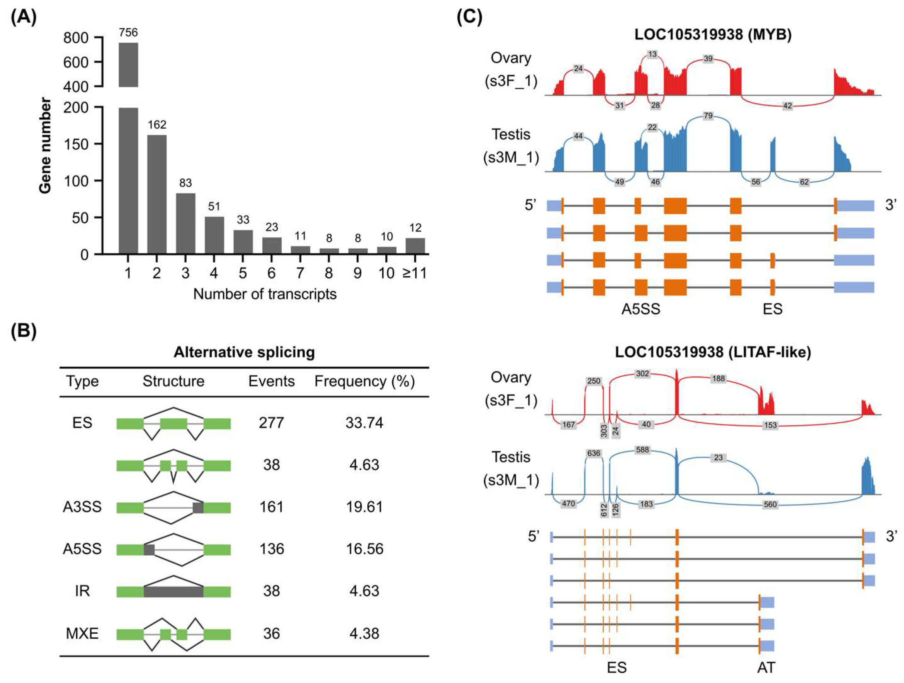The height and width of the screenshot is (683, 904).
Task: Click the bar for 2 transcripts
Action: click(157, 194)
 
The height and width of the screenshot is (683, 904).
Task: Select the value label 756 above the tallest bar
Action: click(128, 32)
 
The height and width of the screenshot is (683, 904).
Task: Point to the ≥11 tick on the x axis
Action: click(415, 273)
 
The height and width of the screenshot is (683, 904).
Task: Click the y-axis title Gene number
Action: click(46, 145)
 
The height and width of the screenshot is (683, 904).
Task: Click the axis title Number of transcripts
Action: click(265, 294)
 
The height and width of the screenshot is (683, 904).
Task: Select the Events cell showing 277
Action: click(271, 423)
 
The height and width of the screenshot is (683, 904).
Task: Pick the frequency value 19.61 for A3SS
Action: click(364, 507)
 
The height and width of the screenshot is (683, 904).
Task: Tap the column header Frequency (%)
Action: click(364, 381)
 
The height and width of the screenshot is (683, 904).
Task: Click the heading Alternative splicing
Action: click(245, 352)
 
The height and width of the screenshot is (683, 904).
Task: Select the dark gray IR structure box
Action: click(174, 591)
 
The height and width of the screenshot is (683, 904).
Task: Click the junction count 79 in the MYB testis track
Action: click(708, 116)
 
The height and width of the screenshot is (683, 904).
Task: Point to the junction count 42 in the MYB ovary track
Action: click(787, 106)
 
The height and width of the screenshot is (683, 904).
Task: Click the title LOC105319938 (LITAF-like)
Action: click(713, 352)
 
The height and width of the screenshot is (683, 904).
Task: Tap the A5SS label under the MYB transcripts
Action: click(640, 309)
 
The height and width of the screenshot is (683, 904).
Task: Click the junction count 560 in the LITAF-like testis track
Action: click(770, 504)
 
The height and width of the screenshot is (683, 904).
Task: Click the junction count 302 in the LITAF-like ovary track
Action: click(642, 374)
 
